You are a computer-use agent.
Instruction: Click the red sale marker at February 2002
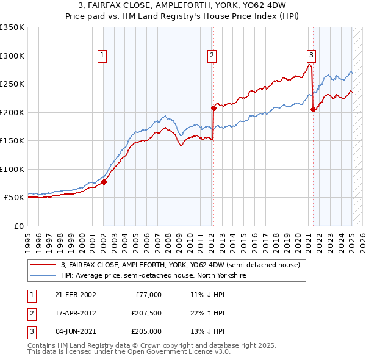(x=104, y=182)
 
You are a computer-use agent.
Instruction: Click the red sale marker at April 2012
(x=213, y=108)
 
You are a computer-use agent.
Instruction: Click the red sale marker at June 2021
(x=313, y=110)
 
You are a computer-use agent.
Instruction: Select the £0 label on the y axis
(x=18, y=226)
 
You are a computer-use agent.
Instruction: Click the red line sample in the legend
(x=43, y=265)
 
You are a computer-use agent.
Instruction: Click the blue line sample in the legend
(x=43, y=275)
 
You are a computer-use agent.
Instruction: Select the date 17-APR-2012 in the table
(x=76, y=313)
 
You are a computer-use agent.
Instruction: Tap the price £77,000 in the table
(x=148, y=295)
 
